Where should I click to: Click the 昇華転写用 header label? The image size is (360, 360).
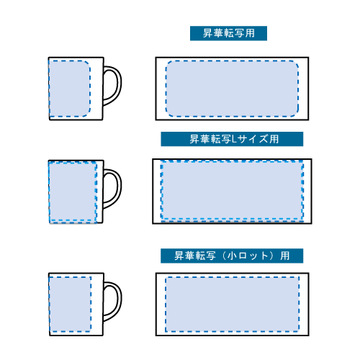coord(228,33)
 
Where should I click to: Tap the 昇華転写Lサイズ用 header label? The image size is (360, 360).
coord(232,139)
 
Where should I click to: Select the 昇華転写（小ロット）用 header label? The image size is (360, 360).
coord(232,256)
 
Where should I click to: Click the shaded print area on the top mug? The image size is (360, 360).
coord(70,89)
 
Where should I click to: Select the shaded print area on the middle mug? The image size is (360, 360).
coord(73,192)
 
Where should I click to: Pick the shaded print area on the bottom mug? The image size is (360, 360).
coord(70,305)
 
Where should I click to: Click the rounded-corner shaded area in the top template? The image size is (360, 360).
coord(232,89)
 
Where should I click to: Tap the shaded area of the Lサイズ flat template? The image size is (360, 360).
coord(232,191)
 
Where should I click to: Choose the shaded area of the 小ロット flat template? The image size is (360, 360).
coord(232,305)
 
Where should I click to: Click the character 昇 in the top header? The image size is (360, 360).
coord(207,33)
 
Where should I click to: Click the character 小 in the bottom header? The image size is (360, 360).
coord(232,256)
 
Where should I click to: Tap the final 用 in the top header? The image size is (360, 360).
coord(250,33)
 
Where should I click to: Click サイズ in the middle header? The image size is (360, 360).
coord(253,139)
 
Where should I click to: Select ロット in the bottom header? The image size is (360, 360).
coord(253,256)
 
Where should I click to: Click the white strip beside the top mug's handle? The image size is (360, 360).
coord(96,89)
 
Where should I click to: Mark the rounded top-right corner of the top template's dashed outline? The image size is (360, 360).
coord(297,63)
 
